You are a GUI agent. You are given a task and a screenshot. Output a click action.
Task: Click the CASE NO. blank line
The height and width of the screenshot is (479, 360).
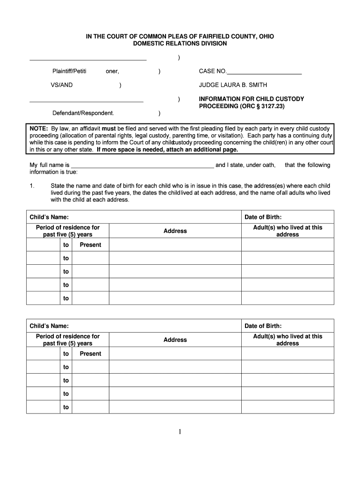tap(264, 72)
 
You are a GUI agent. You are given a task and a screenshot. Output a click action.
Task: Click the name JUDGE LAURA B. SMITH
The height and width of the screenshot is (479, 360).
tap(233, 85)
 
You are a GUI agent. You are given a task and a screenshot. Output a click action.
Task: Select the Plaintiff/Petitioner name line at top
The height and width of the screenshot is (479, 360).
tap(88, 58)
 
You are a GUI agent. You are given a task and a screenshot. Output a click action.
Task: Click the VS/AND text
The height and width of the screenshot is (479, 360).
tap(62, 85)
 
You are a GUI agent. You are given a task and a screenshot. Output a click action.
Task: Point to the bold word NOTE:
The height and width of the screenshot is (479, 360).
tap(39, 128)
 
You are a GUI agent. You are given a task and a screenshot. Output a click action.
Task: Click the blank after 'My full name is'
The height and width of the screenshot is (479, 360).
tap(142, 165)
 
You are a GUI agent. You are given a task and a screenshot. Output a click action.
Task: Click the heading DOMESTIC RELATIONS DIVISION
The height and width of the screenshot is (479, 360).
tap(180, 44)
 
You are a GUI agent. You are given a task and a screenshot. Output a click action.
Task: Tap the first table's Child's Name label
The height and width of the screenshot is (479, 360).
tap(49, 217)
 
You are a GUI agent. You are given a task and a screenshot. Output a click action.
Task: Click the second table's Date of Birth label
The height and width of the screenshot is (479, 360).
tap(263, 326)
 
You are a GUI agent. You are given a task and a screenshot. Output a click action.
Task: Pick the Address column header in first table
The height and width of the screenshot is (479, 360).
tap(175, 231)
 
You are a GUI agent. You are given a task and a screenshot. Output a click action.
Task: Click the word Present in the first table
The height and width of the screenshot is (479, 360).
tap(90, 245)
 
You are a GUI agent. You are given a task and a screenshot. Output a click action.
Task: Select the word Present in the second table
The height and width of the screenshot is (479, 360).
tap(90, 354)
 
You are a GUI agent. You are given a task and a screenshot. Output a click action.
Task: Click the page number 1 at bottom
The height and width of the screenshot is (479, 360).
tap(180, 432)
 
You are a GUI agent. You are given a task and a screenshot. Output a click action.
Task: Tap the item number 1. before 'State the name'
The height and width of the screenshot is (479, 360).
tap(32, 186)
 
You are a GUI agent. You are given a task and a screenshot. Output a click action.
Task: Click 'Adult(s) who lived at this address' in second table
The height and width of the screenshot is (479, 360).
tap(288, 340)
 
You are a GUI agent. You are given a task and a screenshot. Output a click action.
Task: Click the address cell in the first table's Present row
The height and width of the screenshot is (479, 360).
tap(175, 245)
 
